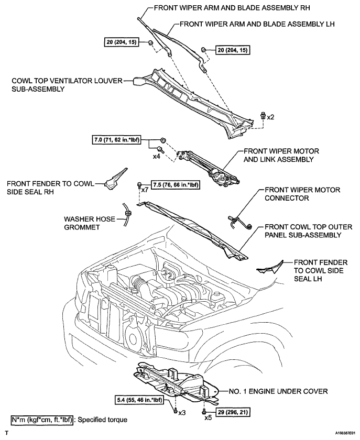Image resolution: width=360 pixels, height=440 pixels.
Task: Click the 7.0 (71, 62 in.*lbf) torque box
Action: click(116, 140)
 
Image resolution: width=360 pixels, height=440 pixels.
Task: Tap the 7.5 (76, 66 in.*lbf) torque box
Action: click(175, 185)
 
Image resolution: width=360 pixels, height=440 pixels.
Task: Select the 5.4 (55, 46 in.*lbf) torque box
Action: click(139, 400)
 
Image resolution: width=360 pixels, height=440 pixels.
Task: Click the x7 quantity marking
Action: click(145, 190)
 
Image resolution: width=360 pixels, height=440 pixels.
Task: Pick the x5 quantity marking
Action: click(208, 418)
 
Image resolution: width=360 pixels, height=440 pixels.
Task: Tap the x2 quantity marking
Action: click(270, 117)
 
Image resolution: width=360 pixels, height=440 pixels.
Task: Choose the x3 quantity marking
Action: click(182, 413)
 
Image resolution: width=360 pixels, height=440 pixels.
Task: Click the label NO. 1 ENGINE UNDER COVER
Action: click(278, 391)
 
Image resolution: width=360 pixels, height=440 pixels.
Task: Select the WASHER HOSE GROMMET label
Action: click(90, 223)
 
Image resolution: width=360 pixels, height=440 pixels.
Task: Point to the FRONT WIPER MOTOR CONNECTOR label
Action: click(302, 194)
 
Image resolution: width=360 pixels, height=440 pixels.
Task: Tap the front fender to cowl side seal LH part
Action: click(270, 268)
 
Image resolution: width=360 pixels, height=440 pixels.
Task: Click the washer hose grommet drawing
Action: click(128, 214)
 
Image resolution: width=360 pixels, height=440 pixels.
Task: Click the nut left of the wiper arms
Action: click(150, 43)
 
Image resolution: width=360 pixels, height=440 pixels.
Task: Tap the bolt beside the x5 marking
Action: click(203, 413)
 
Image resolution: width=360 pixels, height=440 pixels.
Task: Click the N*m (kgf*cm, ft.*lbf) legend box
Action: click(42, 420)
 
